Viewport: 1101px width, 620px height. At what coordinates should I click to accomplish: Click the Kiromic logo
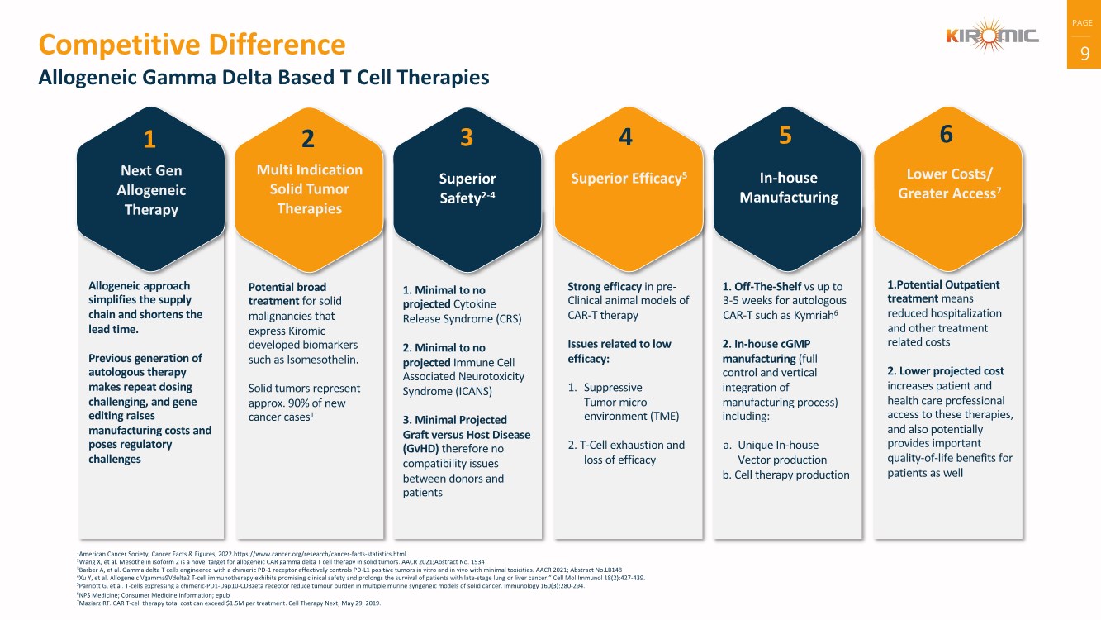[992, 35]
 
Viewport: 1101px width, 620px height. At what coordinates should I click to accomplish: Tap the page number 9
[1084, 53]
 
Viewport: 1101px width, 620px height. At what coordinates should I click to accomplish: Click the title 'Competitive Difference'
[192, 45]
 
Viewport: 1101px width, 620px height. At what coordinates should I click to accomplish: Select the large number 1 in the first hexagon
[150, 139]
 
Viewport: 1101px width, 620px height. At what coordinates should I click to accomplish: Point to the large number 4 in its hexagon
[625, 136]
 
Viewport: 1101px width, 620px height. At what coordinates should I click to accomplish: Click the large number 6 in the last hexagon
[947, 134]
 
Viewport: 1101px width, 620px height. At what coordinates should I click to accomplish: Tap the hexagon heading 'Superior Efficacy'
[629, 178]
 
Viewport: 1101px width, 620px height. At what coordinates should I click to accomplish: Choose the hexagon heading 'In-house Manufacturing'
[789, 188]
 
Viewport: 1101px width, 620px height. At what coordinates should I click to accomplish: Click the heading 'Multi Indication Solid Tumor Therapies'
[310, 189]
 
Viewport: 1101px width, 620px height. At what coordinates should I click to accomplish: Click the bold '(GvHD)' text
[420, 449]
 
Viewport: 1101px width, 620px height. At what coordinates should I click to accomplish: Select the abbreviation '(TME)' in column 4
[665, 417]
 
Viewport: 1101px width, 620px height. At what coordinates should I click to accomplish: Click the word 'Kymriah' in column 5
[808, 316]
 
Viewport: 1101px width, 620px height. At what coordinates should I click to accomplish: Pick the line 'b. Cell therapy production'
[786, 475]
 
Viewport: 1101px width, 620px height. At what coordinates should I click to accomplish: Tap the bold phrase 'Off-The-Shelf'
[768, 286]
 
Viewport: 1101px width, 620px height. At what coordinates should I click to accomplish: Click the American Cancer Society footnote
[241, 554]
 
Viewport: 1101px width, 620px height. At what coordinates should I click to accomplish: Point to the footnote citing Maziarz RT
[229, 603]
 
